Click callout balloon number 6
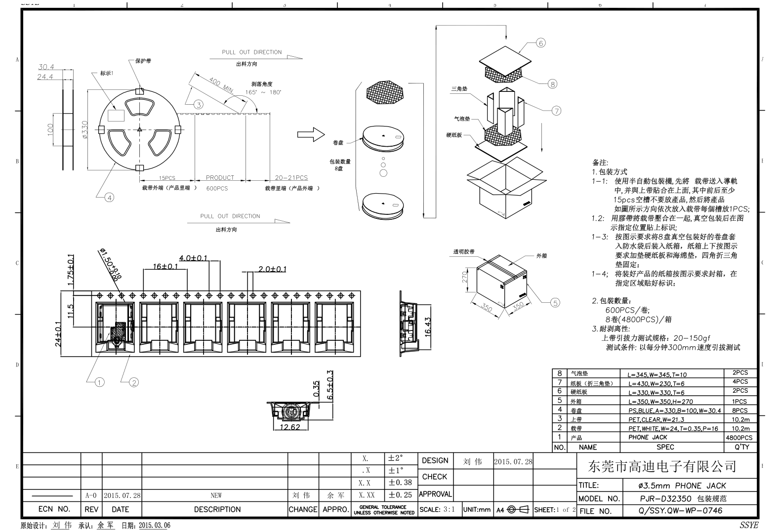tap(540, 43)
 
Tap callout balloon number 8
tap(552, 83)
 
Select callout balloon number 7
tap(556, 111)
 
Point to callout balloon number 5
tap(555, 303)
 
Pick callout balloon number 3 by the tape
tap(198, 104)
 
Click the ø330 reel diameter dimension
tap(85, 130)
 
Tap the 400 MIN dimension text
tap(221, 85)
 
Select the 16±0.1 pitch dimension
tap(165, 266)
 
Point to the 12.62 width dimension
tap(289, 427)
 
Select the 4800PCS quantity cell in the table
tap(739, 438)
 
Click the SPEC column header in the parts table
tap(665, 447)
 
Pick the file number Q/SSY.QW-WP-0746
tap(680, 511)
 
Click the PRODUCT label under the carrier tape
tap(220, 178)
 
